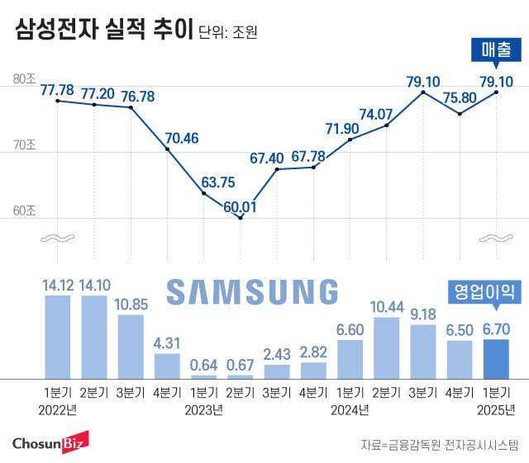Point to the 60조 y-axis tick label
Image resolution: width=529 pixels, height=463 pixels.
(24, 211)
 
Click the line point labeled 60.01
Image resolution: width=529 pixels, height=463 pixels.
(240, 218)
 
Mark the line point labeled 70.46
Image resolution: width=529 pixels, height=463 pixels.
(167, 149)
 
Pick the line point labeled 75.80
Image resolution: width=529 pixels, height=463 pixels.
(460, 113)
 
